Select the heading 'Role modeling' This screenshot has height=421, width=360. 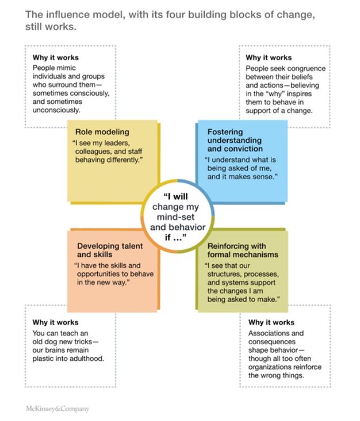[102, 132]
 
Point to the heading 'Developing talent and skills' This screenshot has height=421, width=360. [110, 250]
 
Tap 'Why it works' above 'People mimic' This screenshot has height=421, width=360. [55, 57]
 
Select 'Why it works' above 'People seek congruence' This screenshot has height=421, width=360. [269, 57]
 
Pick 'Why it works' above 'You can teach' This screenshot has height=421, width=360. [55, 322]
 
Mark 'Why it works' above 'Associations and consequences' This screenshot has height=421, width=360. [271, 322]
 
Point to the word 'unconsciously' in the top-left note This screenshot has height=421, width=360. [56, 110]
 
